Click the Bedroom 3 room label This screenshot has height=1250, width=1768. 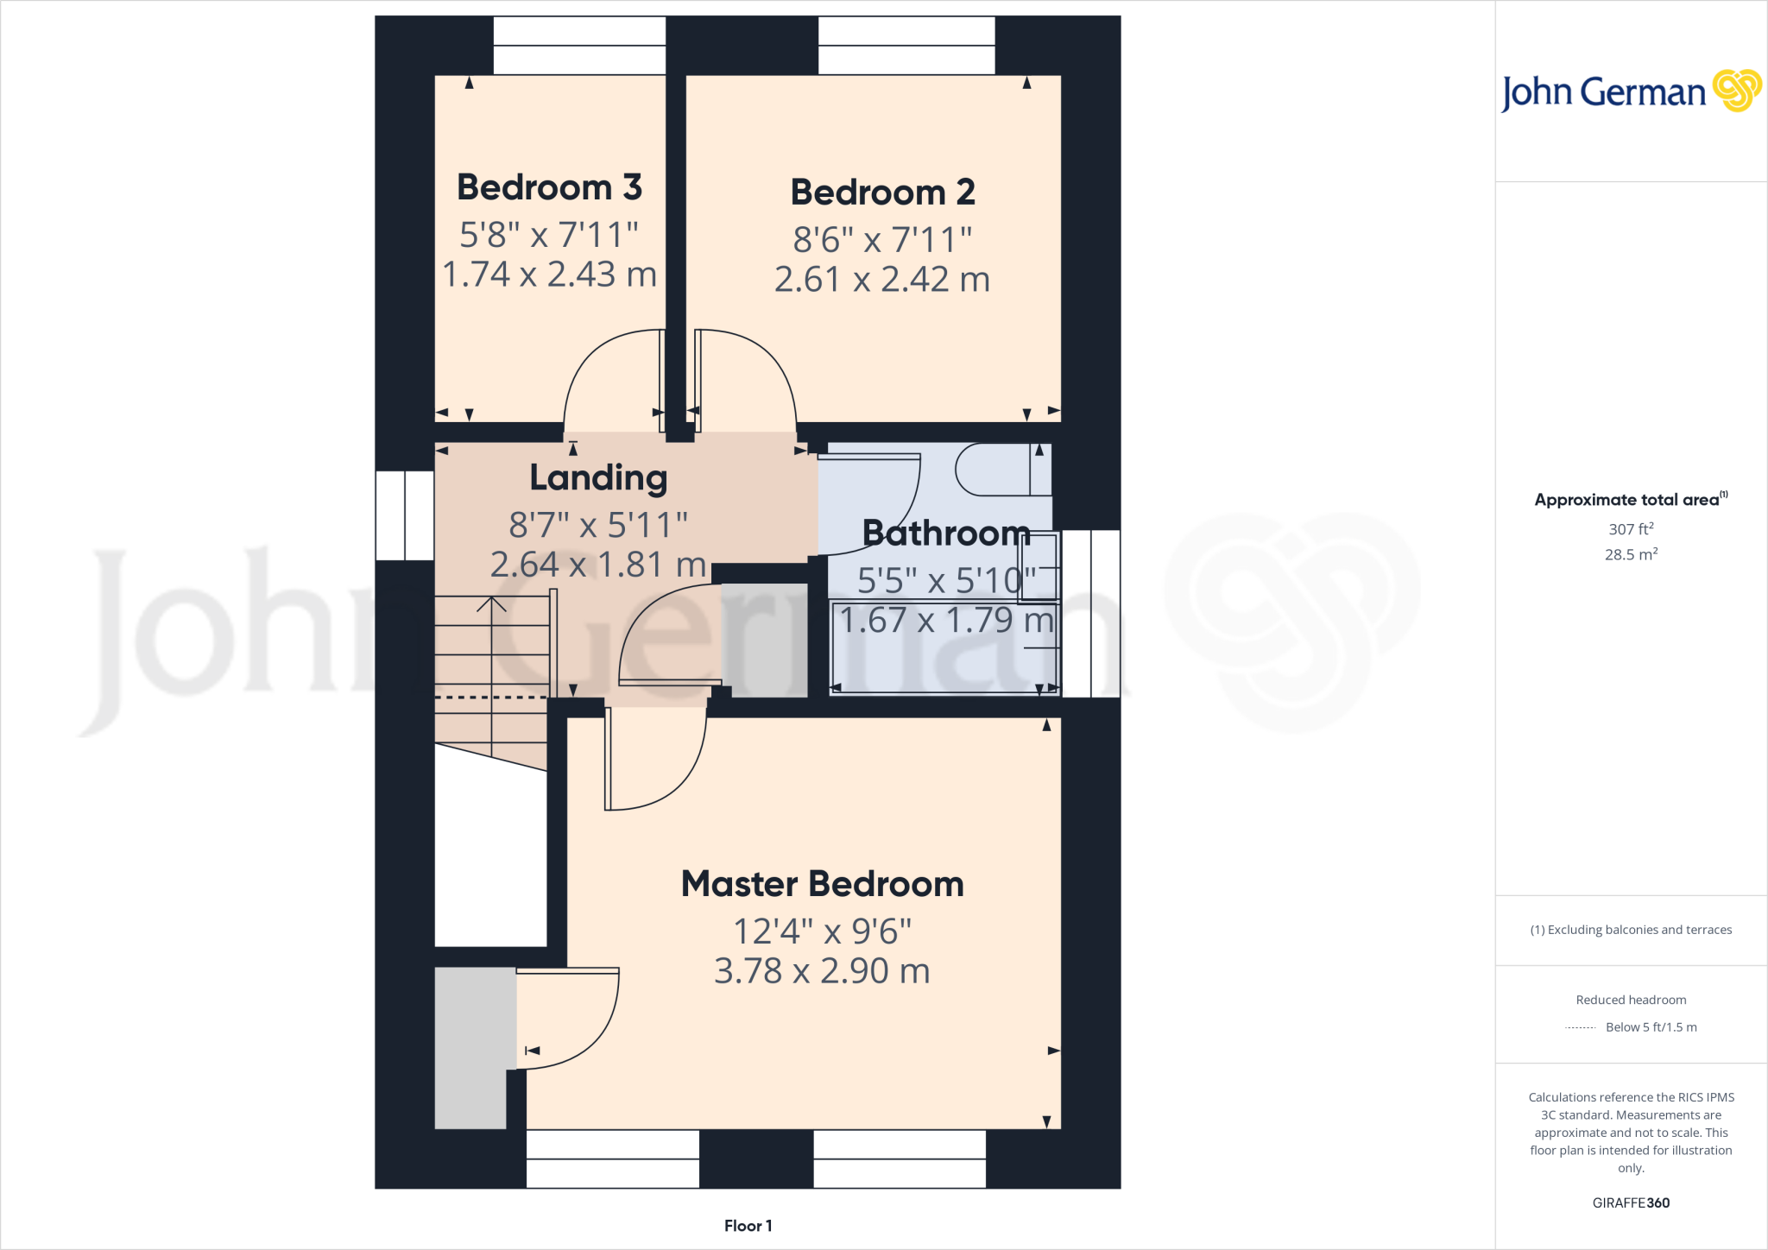tap(549, 187)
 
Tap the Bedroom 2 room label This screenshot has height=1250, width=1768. tap(882, 192)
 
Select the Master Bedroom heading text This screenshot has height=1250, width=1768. tap(822, 884)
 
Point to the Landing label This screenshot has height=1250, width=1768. tap(598, 477)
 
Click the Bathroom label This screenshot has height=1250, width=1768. tap(946, 533)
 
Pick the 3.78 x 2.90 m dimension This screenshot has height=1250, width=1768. tap(822, 971)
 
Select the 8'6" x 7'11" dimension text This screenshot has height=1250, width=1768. tap(882, 240)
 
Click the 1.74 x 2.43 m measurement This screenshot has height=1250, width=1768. tap(549, 275)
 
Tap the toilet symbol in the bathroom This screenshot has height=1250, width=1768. tap(1001, 470)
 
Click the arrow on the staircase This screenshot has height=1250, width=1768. tap(491, 604)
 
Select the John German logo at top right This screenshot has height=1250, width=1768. tap(1630, 92)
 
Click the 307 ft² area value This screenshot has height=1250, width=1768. tap(1630, 529)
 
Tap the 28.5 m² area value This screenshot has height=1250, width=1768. tap(1630, 554)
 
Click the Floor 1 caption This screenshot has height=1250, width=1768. tap(748, 1226)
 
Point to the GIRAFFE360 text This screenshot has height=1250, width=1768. tap(1630, 1203)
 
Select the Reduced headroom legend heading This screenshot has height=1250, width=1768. tap(1630, 1000)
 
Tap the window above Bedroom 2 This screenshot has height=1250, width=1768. tap(906, 46)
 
